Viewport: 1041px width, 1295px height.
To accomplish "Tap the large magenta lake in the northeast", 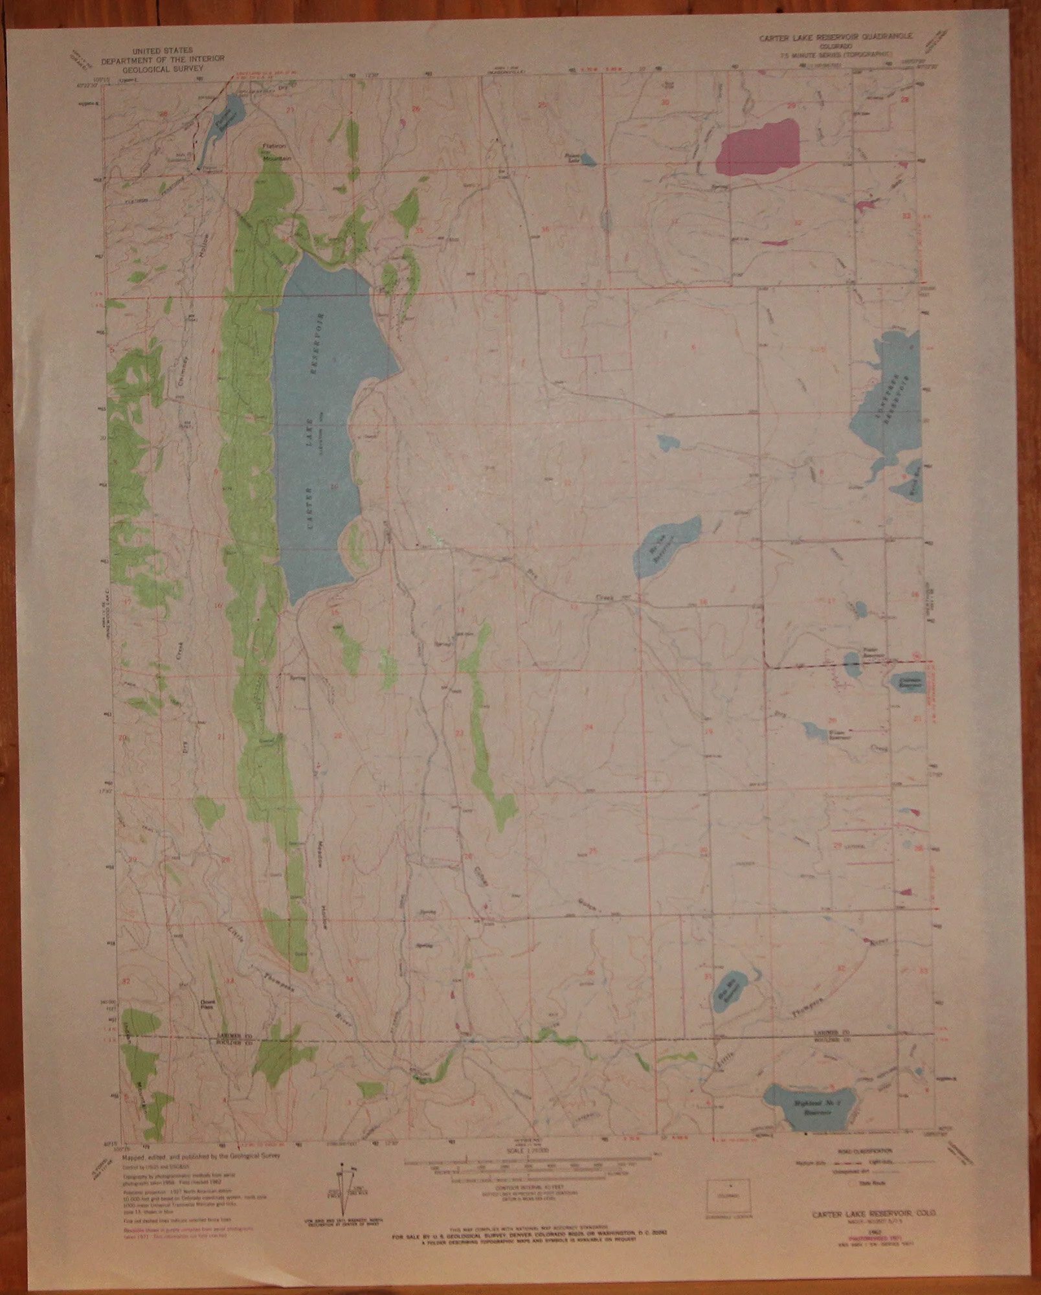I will point(758,147).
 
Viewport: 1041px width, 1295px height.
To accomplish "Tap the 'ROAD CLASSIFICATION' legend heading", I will point(871,1152).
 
